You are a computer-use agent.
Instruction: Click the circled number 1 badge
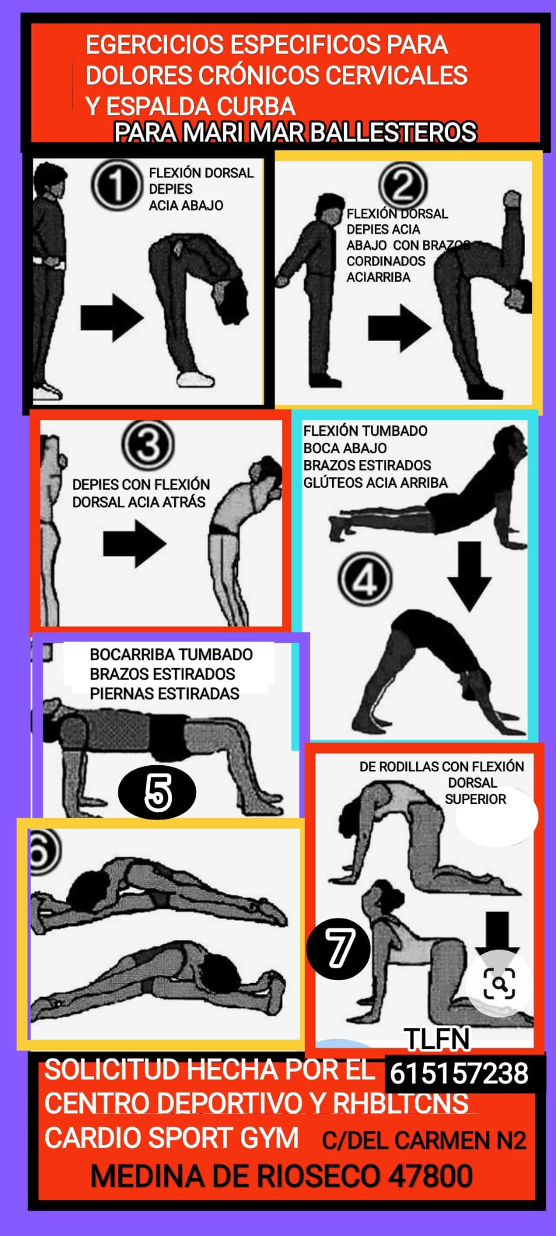[x=117, y=185]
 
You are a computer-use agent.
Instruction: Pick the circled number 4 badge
[x=365, y=581]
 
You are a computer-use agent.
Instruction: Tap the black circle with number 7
[x=339, y=949]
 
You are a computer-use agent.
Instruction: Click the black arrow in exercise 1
[x=112, y=317]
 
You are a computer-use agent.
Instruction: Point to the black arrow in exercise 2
[x=400, y=328]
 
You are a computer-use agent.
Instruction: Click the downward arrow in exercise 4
[x=469, y=576]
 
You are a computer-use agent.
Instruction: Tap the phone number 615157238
[x=459, y=1074]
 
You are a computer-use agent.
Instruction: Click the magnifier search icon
[x=499, y=983]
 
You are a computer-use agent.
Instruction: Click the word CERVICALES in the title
[x=397, y=75]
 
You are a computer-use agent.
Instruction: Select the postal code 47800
[x=430, y=1176]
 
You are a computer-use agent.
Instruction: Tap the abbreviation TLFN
[x=437, y=1039]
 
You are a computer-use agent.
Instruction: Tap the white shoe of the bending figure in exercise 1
[x=196, y=379]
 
